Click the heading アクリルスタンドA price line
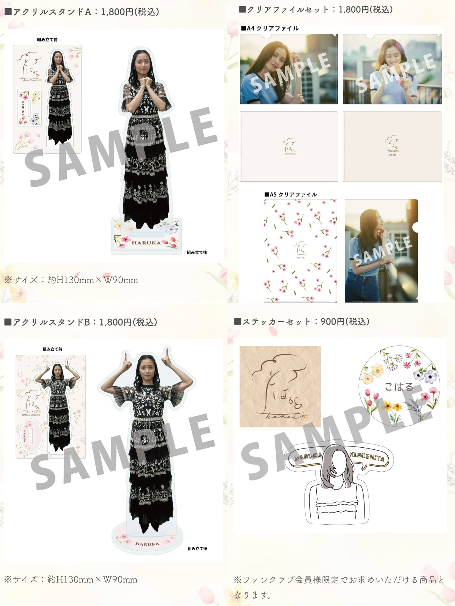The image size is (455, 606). tap(82, 12)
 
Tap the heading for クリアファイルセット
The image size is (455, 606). tap(316, 10)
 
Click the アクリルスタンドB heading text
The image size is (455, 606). tap(81, 322)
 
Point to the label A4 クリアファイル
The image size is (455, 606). tap(270, 28)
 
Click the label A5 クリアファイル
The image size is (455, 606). tap(291, 194)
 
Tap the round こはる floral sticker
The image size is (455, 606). tap(399, 387)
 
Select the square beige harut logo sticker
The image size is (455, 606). tap(280, 386)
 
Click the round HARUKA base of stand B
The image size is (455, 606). tap(147, 543)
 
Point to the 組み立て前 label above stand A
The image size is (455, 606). tap(47, 40)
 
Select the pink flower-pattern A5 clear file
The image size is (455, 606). tap(300, 251)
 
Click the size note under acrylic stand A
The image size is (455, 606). tap(71, 280)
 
